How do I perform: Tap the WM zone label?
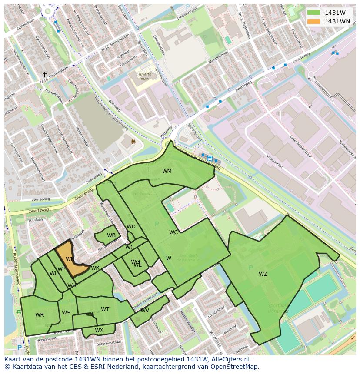coord(167,171)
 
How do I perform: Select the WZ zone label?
coord(263,274)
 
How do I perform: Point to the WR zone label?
coord(40,315)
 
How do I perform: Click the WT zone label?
coord(105,309)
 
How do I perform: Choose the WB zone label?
coord(111,235)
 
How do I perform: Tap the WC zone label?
coord(173,232)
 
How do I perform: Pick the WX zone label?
coord(99,330)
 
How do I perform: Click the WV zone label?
coord(145,311)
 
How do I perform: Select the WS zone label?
coord(66,313)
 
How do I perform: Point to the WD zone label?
coord(131,227)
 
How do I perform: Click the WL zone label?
coord(53,274)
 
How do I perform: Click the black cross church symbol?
coord(44,75)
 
